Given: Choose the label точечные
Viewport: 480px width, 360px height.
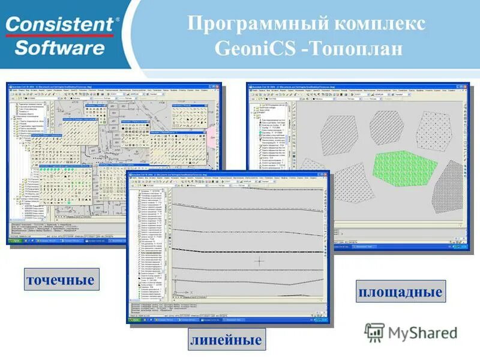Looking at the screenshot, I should pyautogui.click(x=60, y=280).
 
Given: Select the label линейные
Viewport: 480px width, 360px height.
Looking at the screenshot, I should pyautogui.click(x=226, y=341).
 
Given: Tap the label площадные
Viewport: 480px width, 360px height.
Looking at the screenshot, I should pyautogui.click(x=400, y=292).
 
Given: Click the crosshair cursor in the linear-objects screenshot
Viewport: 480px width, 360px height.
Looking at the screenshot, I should pyautogui.click(x=259, y=261).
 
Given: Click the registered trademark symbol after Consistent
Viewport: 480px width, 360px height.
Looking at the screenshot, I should pyautogui.click(x=117, y=20).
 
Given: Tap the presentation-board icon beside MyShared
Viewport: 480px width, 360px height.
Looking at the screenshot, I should pyautogui.click(x=374, y=332).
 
